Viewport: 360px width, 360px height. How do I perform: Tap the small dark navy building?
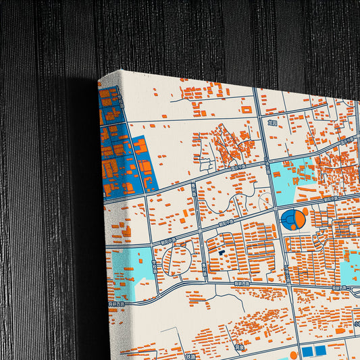tap(221, 253)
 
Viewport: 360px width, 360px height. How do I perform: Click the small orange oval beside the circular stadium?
tap(305, 212)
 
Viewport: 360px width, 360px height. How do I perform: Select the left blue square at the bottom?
tap(307, 351)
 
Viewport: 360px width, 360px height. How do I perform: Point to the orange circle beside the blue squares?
tap(293, 354)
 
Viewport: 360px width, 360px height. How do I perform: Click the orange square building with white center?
tap(247, 108)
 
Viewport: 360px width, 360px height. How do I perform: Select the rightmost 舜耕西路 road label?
tap(338, 288)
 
